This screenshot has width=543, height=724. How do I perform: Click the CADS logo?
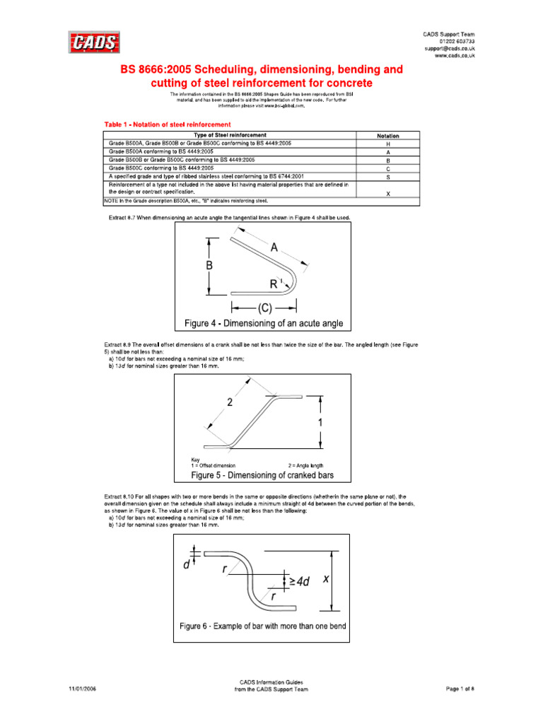pyautogui.click(x=94, y=43)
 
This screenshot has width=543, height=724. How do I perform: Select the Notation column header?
pyautogui.click(x=387, y=135)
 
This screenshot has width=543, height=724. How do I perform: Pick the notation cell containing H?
pyautogui.click(x=387, y=144)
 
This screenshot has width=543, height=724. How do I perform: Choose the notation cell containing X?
pyautogui.click(x=387, y=192)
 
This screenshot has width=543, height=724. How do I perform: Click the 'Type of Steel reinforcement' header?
pyautogui.click(x=230, y=135)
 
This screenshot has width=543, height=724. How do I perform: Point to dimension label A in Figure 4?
pyautogui.click(x=274, y=247)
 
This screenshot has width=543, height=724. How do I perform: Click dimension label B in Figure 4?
pyautogui.click(x=209, y=266)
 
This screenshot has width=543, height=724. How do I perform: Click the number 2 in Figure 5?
pyautogui.click(x=230, y=402)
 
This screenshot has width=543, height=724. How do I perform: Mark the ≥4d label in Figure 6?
pyautogui.click(x=298, y=581)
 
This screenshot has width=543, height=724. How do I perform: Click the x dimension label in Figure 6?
pyautogui.click(x=326, y=578)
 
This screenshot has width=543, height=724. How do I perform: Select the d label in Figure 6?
pyautogui.click(x=186, y=565)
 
